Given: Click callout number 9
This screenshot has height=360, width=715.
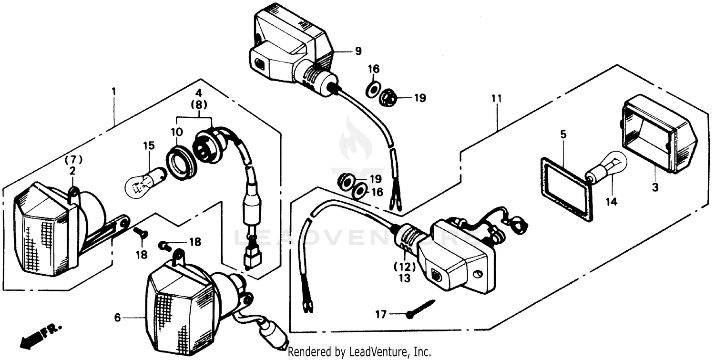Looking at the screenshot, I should coord(358,51).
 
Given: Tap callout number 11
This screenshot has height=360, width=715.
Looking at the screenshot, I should coord(497,99).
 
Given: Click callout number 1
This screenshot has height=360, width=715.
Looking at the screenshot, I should coord(114,91).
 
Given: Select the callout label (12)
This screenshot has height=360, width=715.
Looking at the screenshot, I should coord(405,267).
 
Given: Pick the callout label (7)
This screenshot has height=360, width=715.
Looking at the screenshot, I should coord(73,160).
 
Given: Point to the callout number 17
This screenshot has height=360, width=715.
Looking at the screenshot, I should coord(381,314).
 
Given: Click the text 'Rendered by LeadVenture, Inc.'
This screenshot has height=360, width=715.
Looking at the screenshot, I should coord(359,352).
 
